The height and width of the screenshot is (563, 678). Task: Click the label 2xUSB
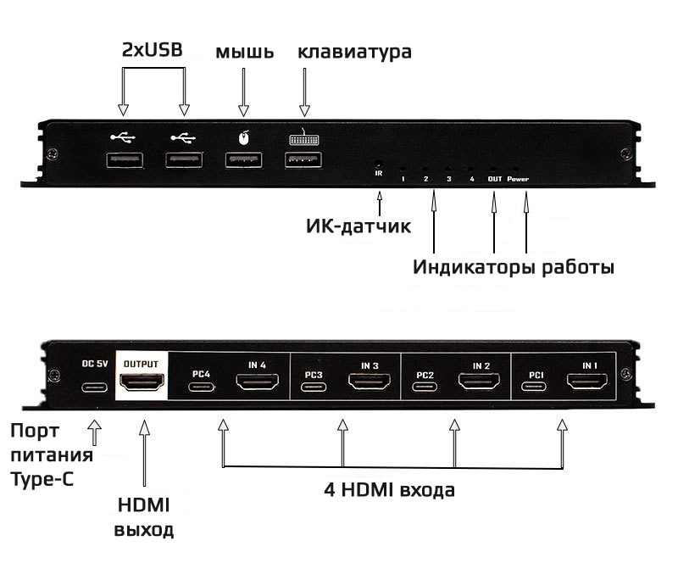click(153, 51)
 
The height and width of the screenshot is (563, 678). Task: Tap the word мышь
click(244, 52)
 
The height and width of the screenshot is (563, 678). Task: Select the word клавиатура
click(354, 52)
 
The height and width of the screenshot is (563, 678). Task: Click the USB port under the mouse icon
click(243, 160)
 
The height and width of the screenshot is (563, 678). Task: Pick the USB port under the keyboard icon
click(303, 160)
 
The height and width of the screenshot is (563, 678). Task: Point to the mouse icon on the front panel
click(243, 136)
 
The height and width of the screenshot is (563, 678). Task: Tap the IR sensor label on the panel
click(379, 174)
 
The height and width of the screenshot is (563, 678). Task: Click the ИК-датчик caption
click(358, 226)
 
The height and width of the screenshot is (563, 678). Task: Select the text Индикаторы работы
click(513, 268)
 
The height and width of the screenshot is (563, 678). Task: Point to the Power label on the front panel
click(518, 179)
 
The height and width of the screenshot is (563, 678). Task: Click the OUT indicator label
click(494, 179)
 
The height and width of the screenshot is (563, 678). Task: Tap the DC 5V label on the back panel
click(95, 365)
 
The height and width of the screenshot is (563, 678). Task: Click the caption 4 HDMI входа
click(390, 490)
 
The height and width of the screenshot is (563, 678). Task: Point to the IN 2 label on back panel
click(481, 365)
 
